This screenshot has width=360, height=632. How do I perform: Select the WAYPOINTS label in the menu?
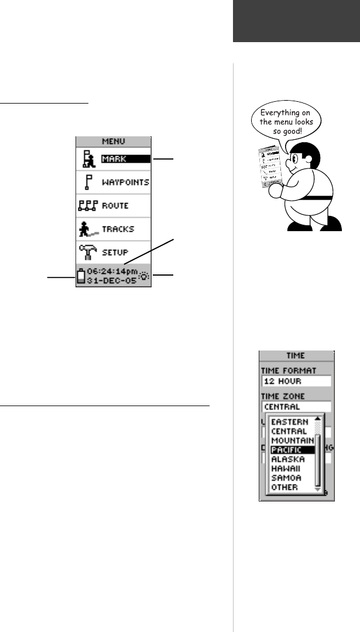pyautogui.click(x=125, y=182)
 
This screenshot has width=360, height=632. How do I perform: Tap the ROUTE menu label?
pyautogui.click(x=114, y=205)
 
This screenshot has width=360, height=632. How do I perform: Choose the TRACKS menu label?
pyautogui.click(x=118, y=229)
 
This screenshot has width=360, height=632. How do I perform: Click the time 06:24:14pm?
pyautogui.click(x=113, y=272)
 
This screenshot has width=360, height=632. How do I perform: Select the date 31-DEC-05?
pyautogui.click(x=111, y=280)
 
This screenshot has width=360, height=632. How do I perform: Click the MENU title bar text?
pyautogui.click(x=113, y=141)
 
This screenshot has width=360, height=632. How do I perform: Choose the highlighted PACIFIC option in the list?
pyautogui.click(x=286, y=450)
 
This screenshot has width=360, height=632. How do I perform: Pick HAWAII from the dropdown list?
pyautogui.click(x=284, y=469)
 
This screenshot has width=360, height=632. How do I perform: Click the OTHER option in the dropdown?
pyautogui.click(x=283, y=487)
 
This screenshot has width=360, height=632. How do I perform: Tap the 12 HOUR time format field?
pyautogui.click(x=296, y=380)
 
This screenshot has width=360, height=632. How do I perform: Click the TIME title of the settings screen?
pyautogui.click(x=296, y=355)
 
